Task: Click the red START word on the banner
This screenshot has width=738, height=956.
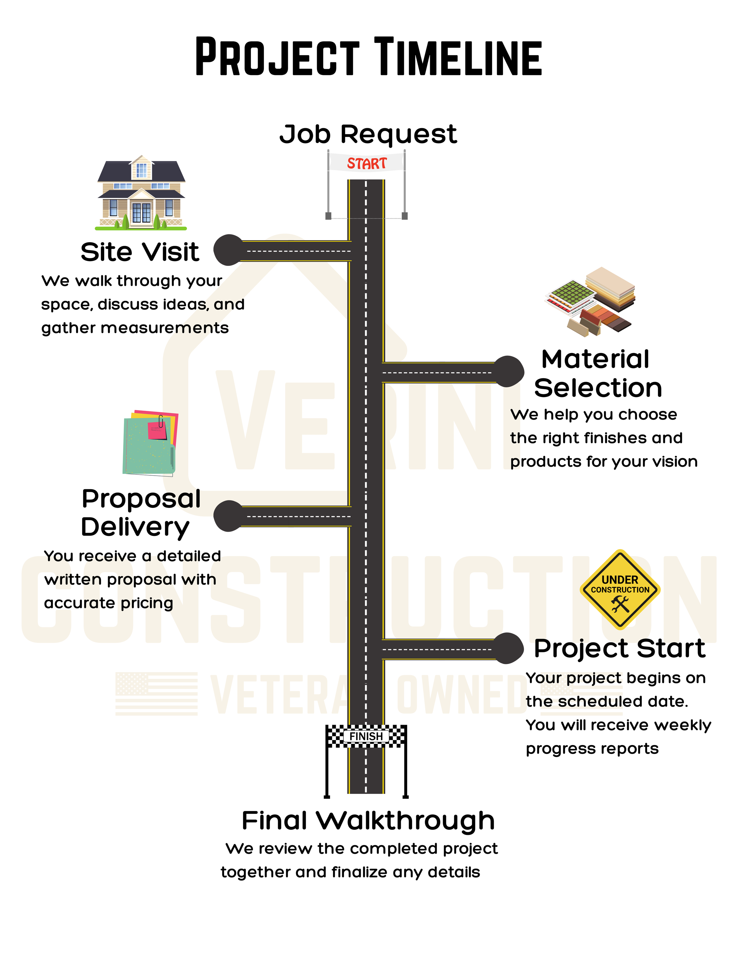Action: (x=367, y=163)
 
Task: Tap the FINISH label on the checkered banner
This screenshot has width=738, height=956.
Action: (x=366, y=737)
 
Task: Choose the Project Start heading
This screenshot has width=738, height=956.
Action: (x=619, y=648)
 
